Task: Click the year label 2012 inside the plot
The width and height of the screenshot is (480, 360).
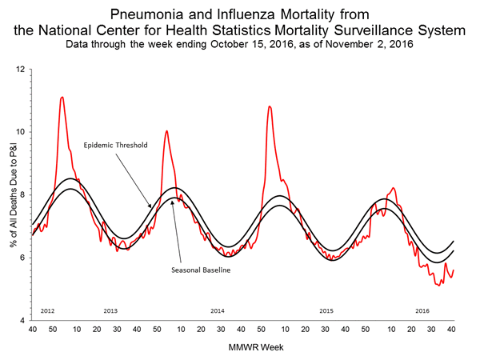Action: click(46, 310)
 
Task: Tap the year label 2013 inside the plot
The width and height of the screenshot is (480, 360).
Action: click(111, 310)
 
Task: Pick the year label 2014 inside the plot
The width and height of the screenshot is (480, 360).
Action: click(217, 310)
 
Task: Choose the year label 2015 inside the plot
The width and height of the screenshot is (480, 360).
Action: click(326, 310)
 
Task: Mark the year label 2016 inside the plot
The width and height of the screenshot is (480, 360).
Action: click(422, 310)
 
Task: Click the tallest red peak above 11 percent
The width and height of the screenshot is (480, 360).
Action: click(62, 98)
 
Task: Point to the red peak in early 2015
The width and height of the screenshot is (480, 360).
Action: click(269, 106)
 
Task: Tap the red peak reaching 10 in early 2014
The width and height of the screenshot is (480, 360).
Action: click(166, 131)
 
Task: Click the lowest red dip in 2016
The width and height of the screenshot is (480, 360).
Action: click(438, 285)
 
